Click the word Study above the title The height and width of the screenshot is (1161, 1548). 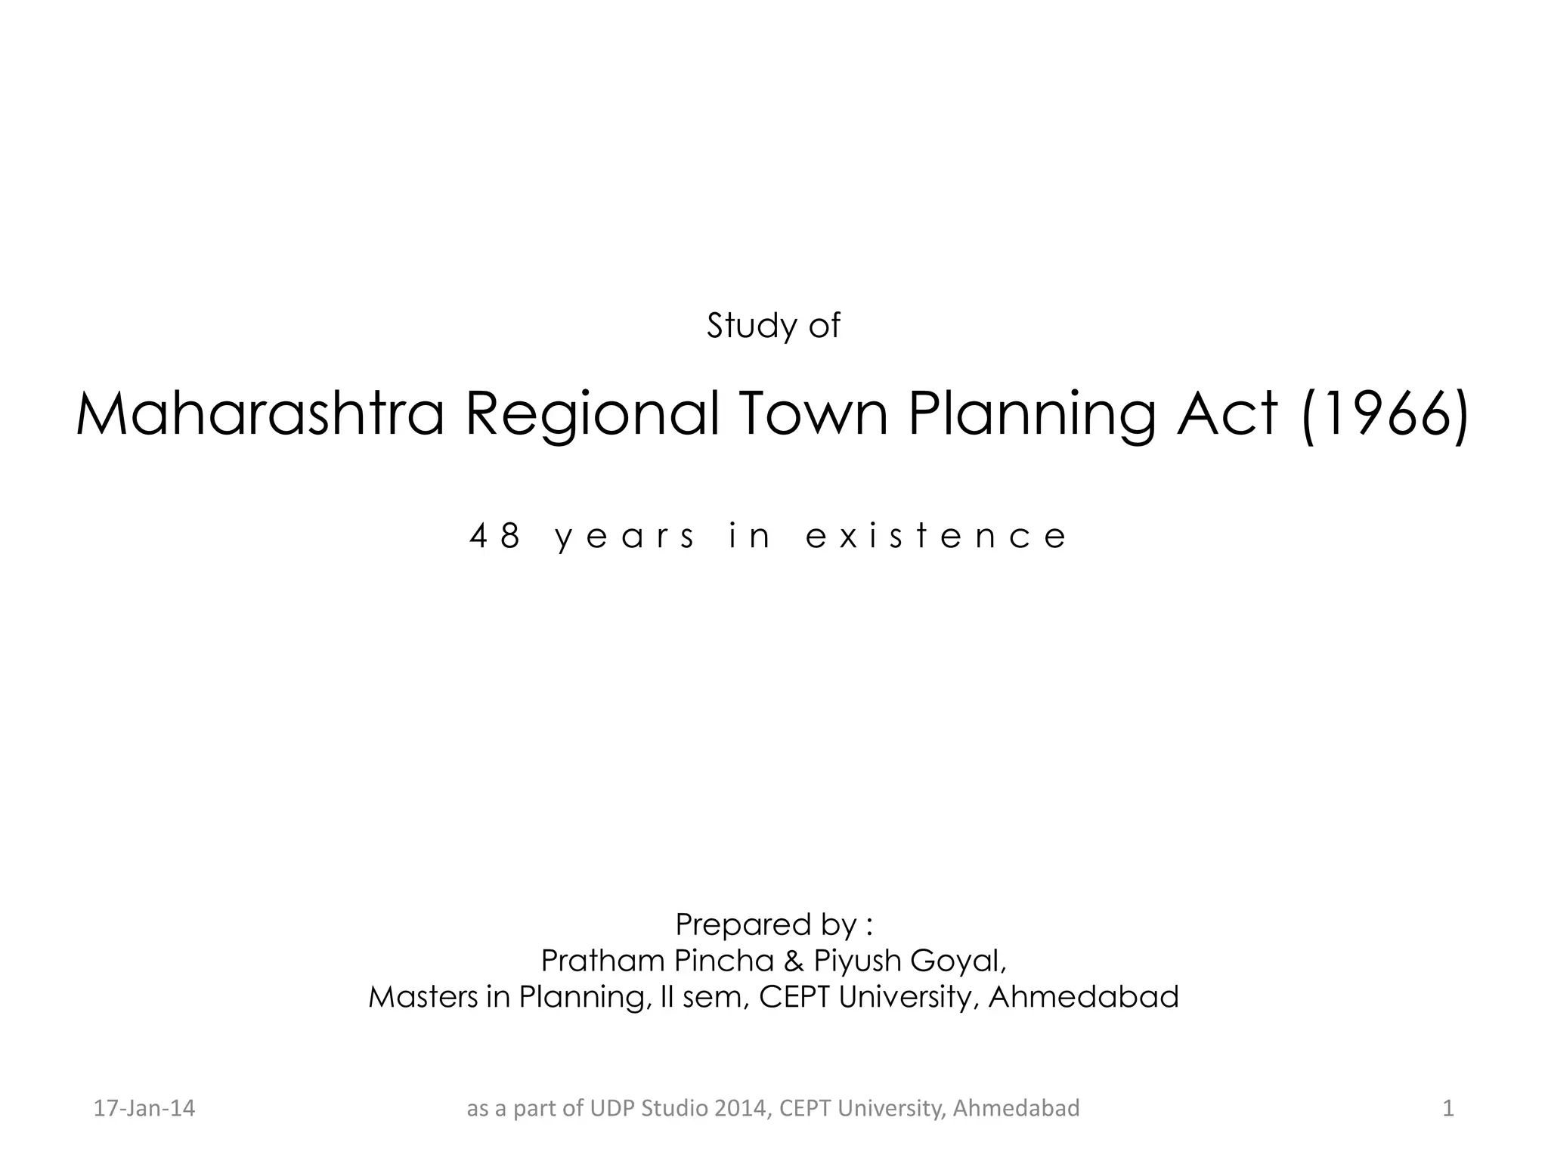point(742,326)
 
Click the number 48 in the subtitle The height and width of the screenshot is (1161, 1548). point(495,537)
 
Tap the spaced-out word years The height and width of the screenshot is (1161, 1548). point(624,537)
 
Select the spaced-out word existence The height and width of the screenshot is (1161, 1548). point(936,537)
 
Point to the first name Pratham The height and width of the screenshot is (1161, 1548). point(602,961)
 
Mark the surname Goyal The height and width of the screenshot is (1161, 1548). point(958,961)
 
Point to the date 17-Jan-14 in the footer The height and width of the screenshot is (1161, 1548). point(144,1108)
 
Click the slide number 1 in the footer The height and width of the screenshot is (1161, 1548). point(1448,1108)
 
